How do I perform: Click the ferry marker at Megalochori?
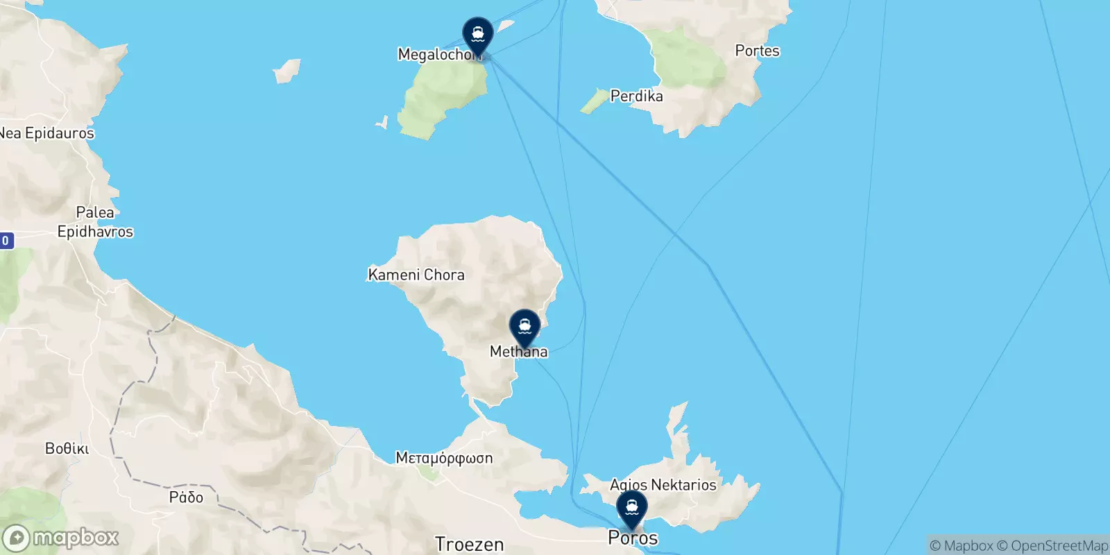click(x=478, y=34)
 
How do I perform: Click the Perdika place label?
click(x=636, y=96)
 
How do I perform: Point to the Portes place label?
click(x=757, y=51)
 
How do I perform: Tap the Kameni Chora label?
click(x=416, y=275)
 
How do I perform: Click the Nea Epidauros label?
click(x=46, y=133)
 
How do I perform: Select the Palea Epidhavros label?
click(x=95, y=222)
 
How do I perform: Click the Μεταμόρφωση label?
click(x=444, y=458)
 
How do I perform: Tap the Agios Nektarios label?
click(x=663, y=485)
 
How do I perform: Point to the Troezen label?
click(x=469, y=545)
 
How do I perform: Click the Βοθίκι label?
click(x=67, y=449)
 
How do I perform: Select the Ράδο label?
click(x=186, y=497)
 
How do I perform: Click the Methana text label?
click(x=519, y=352)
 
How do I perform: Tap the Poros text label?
click(x=633, y=538)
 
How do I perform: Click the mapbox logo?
click(x=60, y=538)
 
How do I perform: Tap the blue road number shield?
click(x=6, y=241)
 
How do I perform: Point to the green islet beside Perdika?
click(x=594, y=101)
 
